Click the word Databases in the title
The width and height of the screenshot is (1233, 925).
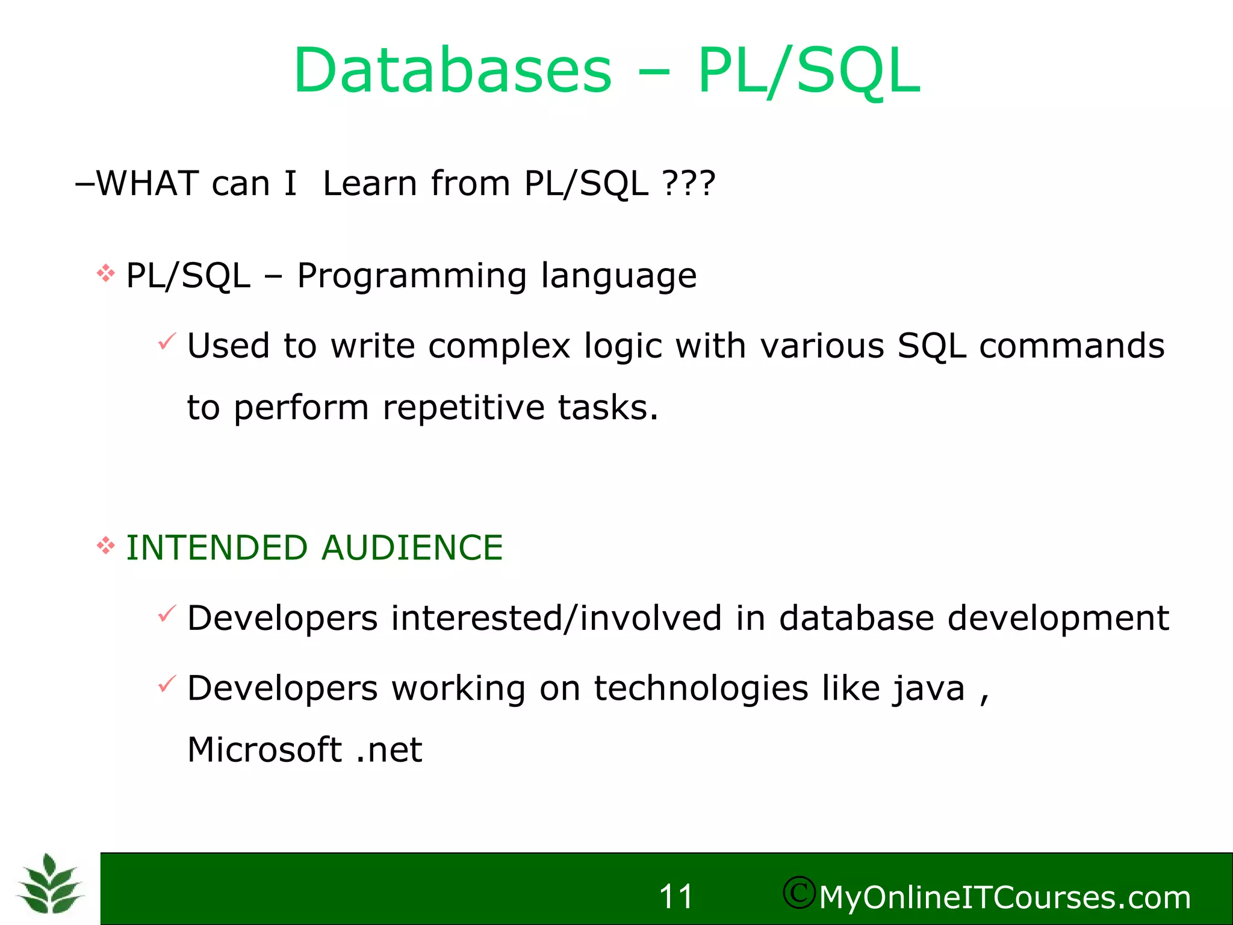coord(453,71)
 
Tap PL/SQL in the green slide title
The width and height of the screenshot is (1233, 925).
coord(809,71)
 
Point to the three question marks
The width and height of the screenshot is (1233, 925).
coord(689,183)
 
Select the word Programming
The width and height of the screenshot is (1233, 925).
coord(412,276)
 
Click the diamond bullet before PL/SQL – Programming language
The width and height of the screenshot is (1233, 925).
coord(106,274)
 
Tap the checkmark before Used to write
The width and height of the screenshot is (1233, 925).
coord(167,341)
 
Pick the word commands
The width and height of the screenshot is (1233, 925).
coord(1072,346)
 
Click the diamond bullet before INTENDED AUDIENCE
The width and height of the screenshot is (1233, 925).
coord(106,546)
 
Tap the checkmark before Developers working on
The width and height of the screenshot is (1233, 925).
coord(167,684)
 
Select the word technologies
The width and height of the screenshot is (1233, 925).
coord(701,688)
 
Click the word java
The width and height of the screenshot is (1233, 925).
coord(929,690)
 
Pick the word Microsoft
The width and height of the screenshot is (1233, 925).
coord(265,750)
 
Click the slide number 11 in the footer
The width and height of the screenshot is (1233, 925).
coord(676,897)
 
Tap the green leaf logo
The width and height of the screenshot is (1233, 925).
coord(50,884)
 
